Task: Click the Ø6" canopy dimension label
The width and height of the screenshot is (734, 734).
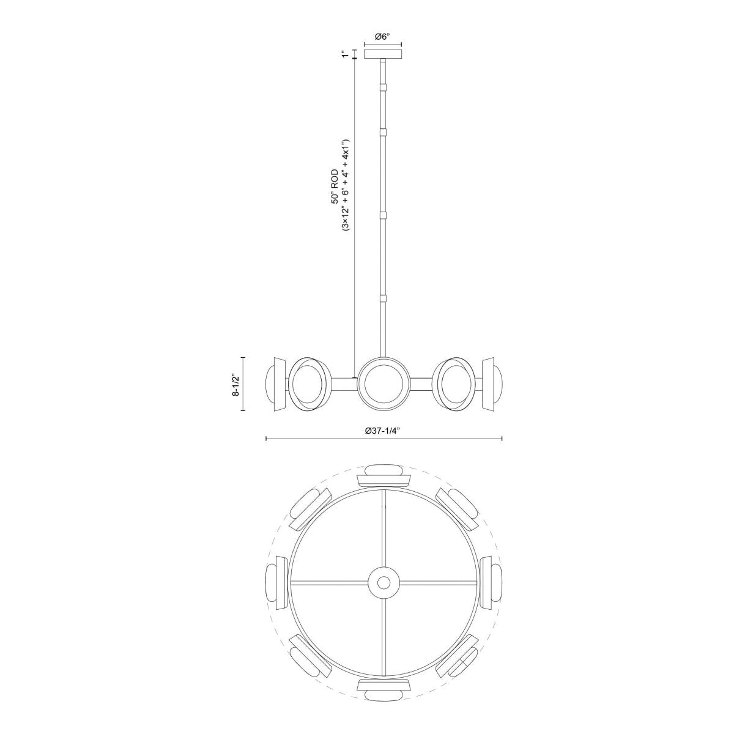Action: [382, 37]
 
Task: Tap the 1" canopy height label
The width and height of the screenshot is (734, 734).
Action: [346, 54]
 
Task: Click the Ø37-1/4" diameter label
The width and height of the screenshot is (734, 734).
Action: [383, 431]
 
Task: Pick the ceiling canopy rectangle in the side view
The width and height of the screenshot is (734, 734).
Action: [383, 54]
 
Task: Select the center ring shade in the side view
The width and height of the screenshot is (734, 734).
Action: [384, 384]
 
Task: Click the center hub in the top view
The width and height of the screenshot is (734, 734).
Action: [384, 580]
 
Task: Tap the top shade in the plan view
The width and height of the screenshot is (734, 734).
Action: [383, 476]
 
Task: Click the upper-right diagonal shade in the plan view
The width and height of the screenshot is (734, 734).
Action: [458, 506]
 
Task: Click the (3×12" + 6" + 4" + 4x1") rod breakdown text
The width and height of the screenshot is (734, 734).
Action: [346, 183]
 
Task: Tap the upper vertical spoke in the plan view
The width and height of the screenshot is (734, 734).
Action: [384, 526]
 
